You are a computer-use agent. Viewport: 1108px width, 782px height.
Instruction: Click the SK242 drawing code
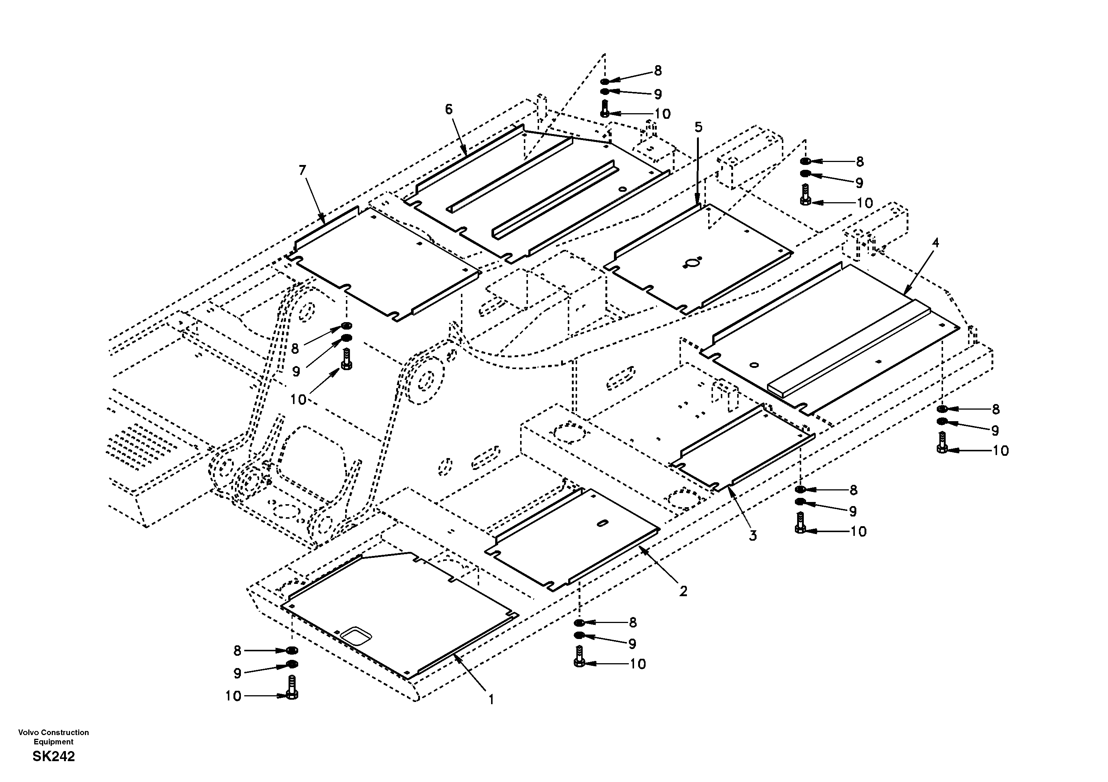54,756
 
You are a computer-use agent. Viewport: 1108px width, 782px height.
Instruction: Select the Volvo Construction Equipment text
54,737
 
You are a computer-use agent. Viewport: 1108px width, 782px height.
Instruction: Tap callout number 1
491,699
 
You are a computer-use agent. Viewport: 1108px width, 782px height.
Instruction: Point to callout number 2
683,591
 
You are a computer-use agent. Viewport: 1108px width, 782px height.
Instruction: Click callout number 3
753,535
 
